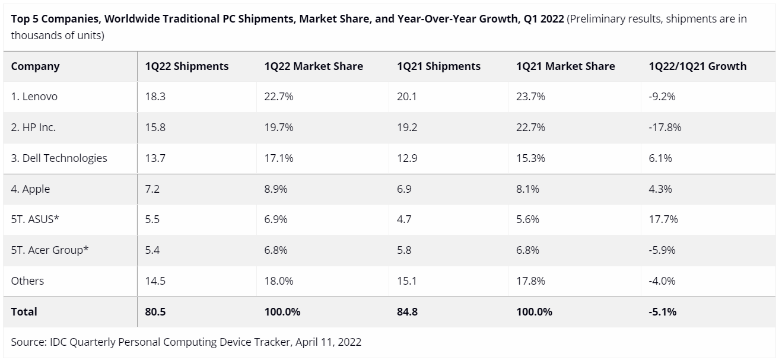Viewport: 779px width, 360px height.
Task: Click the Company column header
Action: pos(35,66)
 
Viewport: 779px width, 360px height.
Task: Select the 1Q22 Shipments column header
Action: pos(187,66)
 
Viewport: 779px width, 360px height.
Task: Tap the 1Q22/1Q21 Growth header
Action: pos(698,66)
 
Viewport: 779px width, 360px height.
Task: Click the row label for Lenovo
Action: pos(34,97)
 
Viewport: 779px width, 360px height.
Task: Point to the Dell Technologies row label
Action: pos(59,158)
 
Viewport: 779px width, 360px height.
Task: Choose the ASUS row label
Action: pos(36,219)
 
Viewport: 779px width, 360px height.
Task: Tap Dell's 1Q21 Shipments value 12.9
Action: pos(406,158)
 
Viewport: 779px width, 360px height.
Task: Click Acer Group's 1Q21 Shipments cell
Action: pos(403,250)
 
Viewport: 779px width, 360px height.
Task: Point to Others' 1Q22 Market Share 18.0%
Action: pos(279,281)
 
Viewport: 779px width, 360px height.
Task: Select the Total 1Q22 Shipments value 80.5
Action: pos(154,312)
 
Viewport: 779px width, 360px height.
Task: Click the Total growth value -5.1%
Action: pos(663,312)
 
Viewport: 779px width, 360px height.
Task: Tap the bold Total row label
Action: pos(24,312)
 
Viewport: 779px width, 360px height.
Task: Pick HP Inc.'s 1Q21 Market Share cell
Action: pos(530,128)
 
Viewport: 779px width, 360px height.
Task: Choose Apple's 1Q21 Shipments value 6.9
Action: pos(403,189)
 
